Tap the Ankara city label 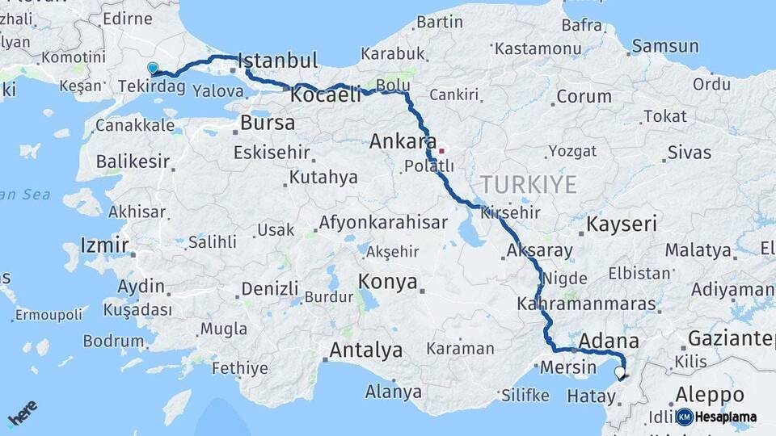403,141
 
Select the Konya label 389,282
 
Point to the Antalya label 366,350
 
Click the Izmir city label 104,245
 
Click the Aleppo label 709,395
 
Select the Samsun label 665,46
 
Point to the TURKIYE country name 528,184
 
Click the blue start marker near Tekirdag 153,69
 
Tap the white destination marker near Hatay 620,372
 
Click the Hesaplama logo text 725,417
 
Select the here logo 22,413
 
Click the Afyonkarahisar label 382,222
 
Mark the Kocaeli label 326,94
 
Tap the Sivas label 690,152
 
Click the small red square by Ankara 441,150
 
